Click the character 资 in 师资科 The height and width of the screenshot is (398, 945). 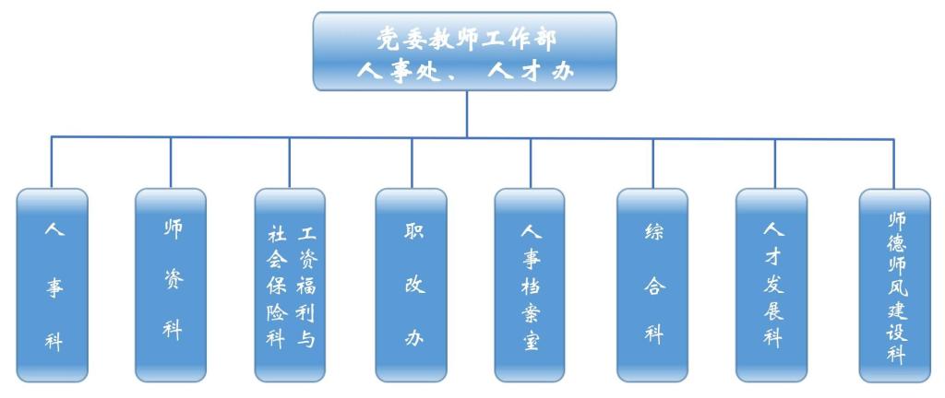(x=172, y=279)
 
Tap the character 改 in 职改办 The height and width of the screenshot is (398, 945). (x=412, y=285)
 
